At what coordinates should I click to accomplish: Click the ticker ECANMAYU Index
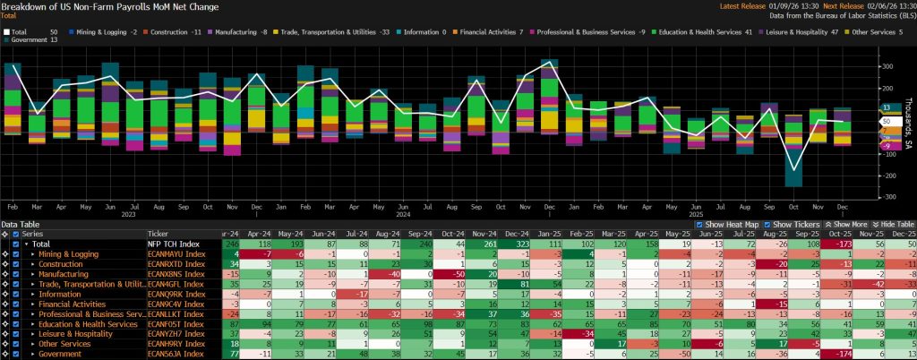(175, 253)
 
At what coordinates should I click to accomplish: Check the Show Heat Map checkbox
(699, 224)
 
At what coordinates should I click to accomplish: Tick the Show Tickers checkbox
(767, 224)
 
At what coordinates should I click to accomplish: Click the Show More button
(844, 224)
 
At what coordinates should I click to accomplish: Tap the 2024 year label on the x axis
(402, 214)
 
